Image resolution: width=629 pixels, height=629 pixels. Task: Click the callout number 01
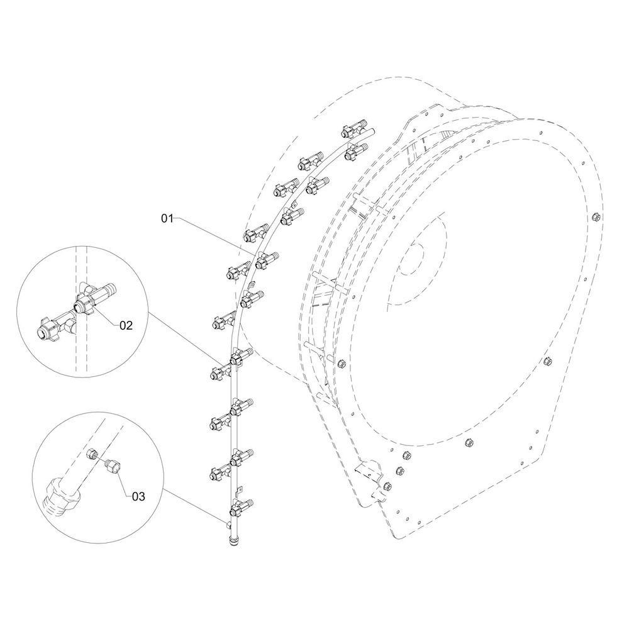pos(167,219)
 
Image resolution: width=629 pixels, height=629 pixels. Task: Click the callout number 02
pos(126,325)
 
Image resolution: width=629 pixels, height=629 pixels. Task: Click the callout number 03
pos(138,497)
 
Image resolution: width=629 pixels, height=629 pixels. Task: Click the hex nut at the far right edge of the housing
pos(595,218)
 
